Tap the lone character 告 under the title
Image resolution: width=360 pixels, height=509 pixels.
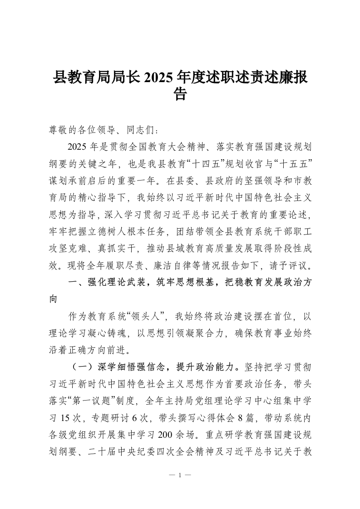[180, 94]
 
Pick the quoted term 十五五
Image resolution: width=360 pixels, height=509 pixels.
[296, 162]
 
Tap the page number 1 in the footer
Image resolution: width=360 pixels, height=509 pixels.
[180, 475]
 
